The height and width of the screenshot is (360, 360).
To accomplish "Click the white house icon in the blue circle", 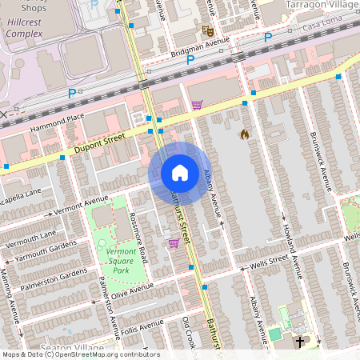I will pos(180,172).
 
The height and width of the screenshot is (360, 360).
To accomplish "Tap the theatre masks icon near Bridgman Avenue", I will pos(208,31).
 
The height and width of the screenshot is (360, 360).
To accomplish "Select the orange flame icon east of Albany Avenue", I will pos(244,134).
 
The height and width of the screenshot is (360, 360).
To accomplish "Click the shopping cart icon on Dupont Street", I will pos(197,104).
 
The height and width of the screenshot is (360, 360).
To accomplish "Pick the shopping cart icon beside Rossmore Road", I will pos(173,243).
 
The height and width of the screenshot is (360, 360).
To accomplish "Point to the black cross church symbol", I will pos(301,342).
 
